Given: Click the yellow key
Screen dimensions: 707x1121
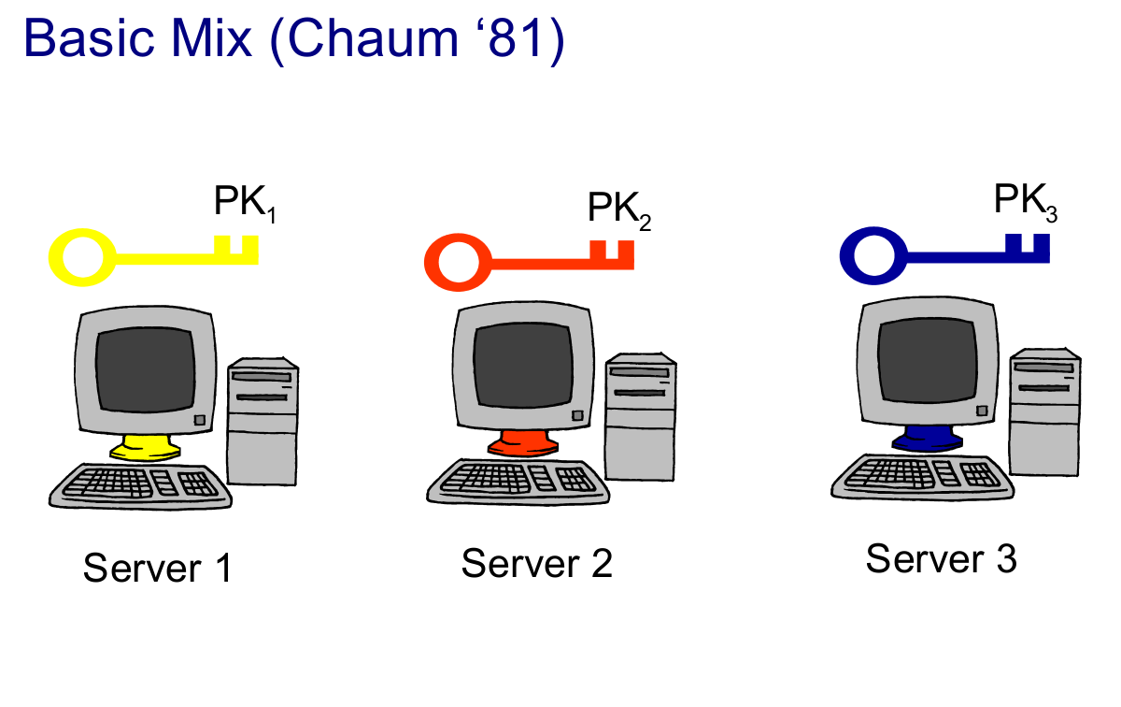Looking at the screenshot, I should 154,256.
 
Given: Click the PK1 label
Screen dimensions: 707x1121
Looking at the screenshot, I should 245,203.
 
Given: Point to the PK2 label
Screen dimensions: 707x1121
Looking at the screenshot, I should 618,209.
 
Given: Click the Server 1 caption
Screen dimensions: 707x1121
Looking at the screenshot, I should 156,569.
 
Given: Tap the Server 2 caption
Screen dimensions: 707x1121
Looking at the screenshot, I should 536,564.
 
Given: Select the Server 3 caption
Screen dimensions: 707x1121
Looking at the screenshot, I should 941,559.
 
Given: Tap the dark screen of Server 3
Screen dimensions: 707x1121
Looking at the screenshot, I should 929,359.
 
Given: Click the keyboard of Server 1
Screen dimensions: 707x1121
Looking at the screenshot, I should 140,484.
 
